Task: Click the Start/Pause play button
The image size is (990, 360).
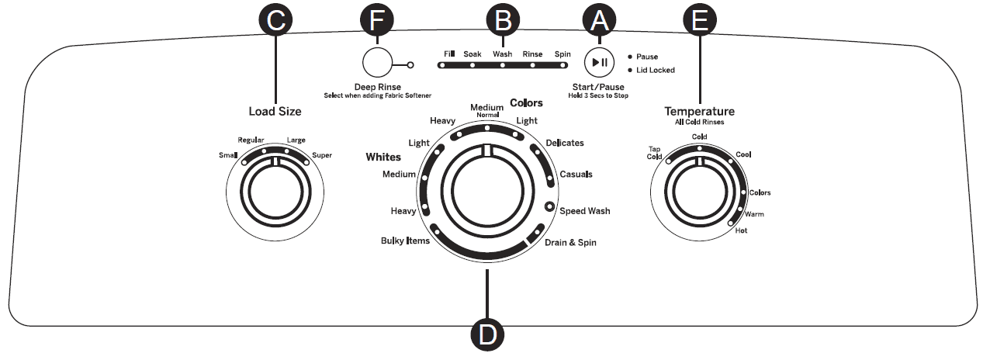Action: pyautogui.click(x=598, y=61)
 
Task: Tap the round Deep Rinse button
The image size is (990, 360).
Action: pyautogui.click(x=378, y=64)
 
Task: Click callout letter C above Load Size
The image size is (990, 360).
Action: pyautogui.click(x=275, y=22)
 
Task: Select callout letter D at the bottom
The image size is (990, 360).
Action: pyautogui.click(x=488, y=334)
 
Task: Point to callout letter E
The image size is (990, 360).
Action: pyautogui.click(x=700, y=22)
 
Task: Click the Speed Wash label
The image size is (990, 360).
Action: pyautogui.click(x=584, y=210)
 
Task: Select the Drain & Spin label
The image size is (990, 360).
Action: pyautogui.click(x=569, y=243)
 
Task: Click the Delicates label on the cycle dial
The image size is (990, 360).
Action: pyautogui.click(x=564, y=143)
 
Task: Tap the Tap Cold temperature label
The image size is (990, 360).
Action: pyautogui.click(x=654, y=153)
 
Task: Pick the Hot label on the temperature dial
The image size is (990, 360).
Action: pyautogui.click(x=742, y=230)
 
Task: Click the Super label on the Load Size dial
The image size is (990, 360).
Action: pyautogui.click(x=321, y=155)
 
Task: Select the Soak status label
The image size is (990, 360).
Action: pyautogui.click(x=472, y=54)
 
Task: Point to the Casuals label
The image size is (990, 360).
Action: pyautogui.click(x=576, y=174)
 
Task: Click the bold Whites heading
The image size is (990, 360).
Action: pyautogui.click(x=383, y=157)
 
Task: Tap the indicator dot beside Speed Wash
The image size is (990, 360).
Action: pyautogui.click(x=549, y=207)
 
